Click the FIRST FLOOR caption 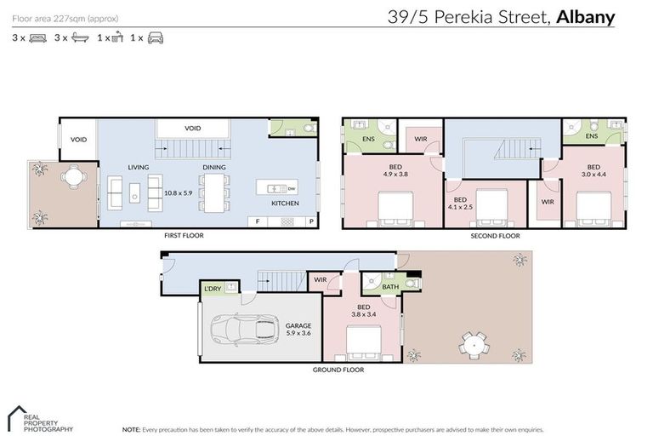(185, 235)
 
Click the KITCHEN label (285, 204)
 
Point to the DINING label (214, 167)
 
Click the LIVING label (139, 167)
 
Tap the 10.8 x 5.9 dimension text (179, 193)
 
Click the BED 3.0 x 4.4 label (593, 171)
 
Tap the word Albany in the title (585, 16)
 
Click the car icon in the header (155, 38)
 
